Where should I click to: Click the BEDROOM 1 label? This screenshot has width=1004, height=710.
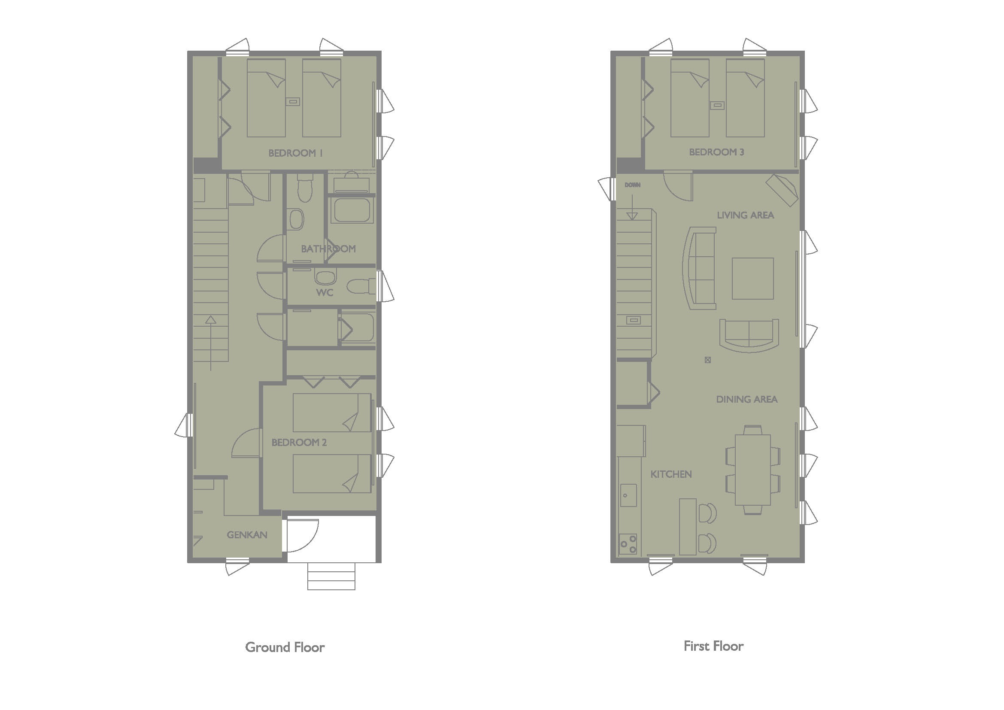[x=296, y=153]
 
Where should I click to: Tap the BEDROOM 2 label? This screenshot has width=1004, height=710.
[x=299, y=443]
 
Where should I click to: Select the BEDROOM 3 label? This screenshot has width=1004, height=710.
[x=717, y=152]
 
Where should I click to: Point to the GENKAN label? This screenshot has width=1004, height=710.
[x=247, y=535]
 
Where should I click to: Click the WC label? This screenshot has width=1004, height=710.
[x=325, y=293]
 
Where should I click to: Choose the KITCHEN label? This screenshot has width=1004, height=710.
[x=671, y=474]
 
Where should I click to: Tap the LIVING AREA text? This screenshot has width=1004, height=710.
[x=746, y=215]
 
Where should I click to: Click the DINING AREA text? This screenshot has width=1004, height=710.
[x=747, y=399]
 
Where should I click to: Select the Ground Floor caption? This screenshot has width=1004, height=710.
[x=285, y=647]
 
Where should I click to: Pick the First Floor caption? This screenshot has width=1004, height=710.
[x=714, y=646]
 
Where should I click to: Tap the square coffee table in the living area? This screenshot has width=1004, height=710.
[x=753, y=279]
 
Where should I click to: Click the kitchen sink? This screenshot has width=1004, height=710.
[x=628, y=495]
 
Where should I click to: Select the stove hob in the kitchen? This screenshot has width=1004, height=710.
[x=628, y=544]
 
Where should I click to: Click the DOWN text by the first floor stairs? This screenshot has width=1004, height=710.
[x=632, y=185]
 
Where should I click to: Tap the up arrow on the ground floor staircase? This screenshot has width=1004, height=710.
[x=211, y=343]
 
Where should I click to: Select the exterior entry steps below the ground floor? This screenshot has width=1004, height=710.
[x=331, y=576]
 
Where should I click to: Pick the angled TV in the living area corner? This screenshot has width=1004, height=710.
[x=783, y=190]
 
